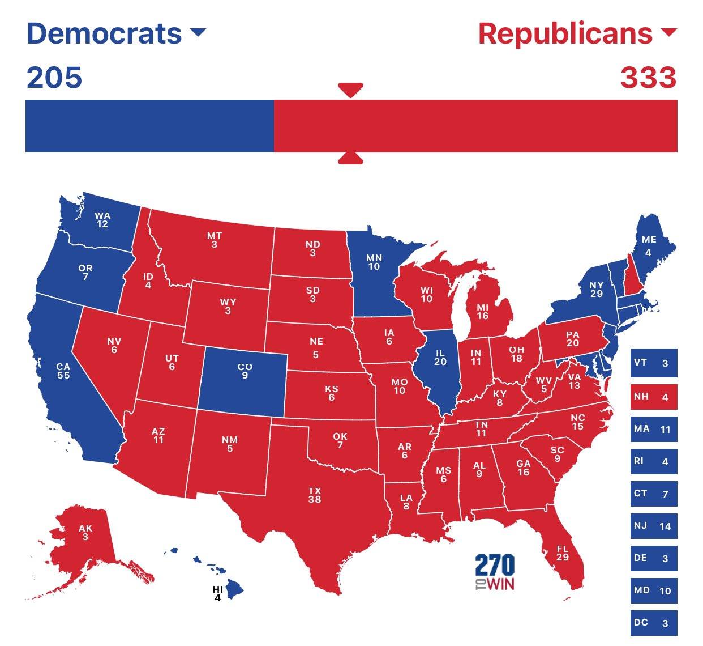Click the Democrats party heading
click(x=104, y=34)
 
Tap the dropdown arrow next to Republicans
click(x=668, y=32)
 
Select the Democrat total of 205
click(x=54, y=78)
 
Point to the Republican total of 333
click(x=648, y=78)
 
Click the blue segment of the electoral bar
click(x=149, y=126)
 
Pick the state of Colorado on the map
click(x=244, y=371)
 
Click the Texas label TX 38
click(x=315, y=495)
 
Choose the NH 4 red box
click(x=653, y=396)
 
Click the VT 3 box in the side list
click(x=653, y=363)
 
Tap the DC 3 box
click(x=653, y=622)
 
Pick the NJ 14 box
click(x=653, y=525)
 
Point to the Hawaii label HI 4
click(x=217, y=593)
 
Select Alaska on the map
click(x=85, y=533)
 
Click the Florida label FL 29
click(x=562, y=552)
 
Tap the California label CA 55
click(x=63, y=371)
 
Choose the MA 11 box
click(x=653, y=428)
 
